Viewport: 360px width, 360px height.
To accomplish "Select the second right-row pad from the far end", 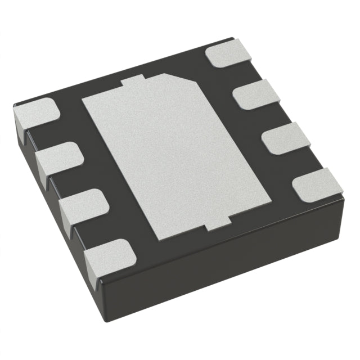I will pos(253,94).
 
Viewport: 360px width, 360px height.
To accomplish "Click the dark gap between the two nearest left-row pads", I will pos(93,231).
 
